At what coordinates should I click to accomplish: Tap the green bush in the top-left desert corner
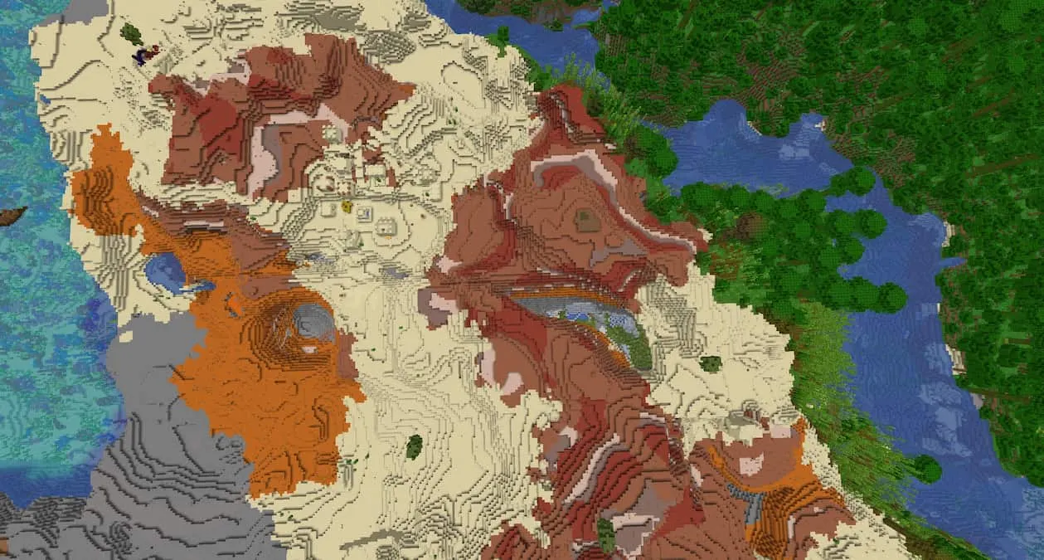pyautogui.click(x=131, y=34)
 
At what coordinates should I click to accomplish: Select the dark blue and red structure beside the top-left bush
pyautogui.click(x=146, y=56)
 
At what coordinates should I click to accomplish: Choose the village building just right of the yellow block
pyautogui.click(x=363, y=214)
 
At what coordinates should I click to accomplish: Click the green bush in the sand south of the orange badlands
pyautogui.click(x=414, y=447)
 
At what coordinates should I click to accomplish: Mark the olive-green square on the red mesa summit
pyautogui.click(x=587, y=220)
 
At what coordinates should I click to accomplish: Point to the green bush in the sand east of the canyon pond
pyautogui.click(x=710, y=363)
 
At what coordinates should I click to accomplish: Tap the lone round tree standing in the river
pyautogui.click(x=927, y=470)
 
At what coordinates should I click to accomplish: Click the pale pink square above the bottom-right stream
pyautogui.click(x=750, y=465)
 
